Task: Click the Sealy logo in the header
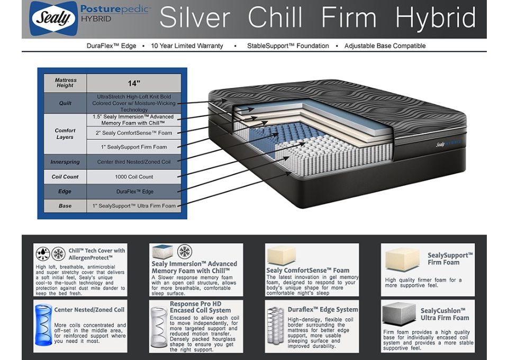(x=53, y=18)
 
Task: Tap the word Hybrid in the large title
(x=436, y=18)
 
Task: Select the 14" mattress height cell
(x=134, y=83)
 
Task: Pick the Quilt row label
(x=65, y=103)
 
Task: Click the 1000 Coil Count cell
(x=134, y=177)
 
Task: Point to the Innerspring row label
(x=65, y=161)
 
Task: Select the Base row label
(x=65, y=206)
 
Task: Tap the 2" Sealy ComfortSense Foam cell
(x=134, y=133)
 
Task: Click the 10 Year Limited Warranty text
(x=187, y=46)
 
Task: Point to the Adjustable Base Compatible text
(x=385, y=46)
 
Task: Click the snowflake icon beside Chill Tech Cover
(x=59, y=254)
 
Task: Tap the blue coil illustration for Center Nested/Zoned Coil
(x=43, y=325)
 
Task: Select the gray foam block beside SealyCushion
(x=399, y=313)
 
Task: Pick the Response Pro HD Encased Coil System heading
(x=200, y=307)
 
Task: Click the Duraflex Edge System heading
(x=323, y=310)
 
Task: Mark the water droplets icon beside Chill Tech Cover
(x=43, y=254)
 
